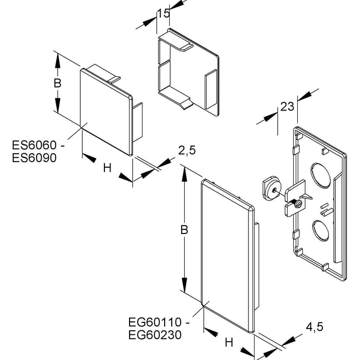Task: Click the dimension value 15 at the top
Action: pyautogui.click(x=164, y=13)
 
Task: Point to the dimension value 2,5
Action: pyautogui.click(x=187, y=151)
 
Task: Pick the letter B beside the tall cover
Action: pyautogui.click(x=184, y=231)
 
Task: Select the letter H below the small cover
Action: pyautogui.click(x=107, y=167)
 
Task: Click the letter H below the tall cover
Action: pyautogui.click(x=229, y=342)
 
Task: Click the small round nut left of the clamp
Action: pyautogui.click(x=269, y=188)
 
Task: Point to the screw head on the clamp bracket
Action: pyautogui.click(x=297, y=205)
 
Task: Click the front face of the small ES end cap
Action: pyautogui.click(x=105, y=111)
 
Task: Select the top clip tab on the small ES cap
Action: pyautogui.click(x=103, y=73)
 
